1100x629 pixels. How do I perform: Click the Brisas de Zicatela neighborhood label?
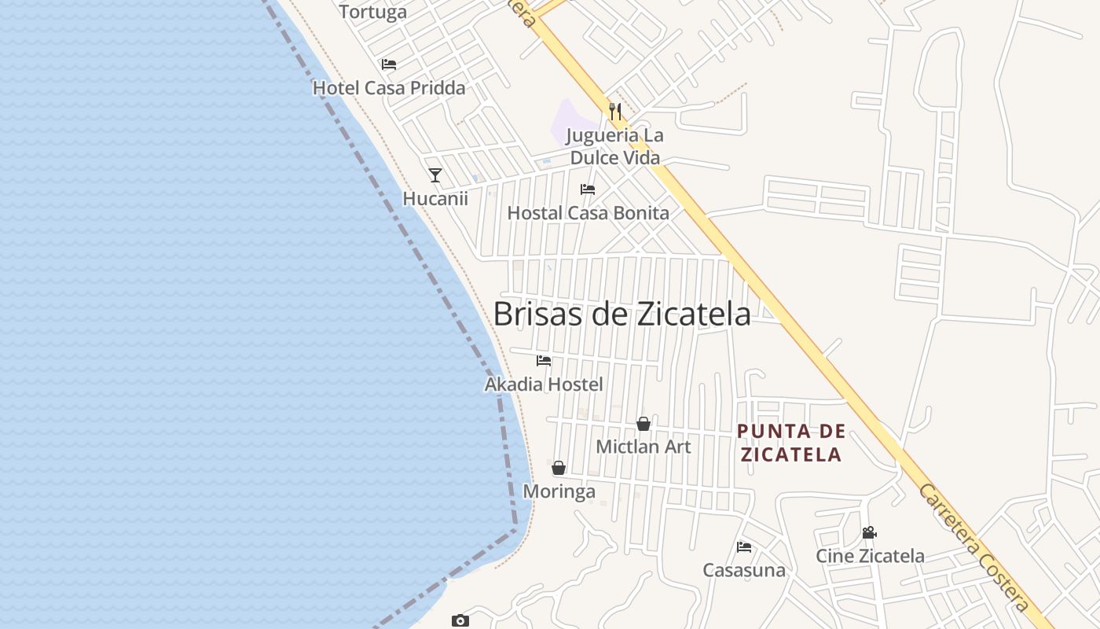point(621,314)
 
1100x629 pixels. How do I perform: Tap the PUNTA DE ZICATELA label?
point(792,443)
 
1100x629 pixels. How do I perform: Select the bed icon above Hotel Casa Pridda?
point(389,64)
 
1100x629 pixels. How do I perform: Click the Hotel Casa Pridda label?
point(389,88)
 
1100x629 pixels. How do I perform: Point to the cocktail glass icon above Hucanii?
point(435,175)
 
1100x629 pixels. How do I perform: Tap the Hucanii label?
point(435,199)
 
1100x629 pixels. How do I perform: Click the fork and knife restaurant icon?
point(615,112)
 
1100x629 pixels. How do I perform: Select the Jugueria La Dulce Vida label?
point(615,146)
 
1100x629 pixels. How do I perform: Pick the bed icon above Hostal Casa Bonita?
point(588,189)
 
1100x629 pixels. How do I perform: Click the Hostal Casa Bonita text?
point(588,213)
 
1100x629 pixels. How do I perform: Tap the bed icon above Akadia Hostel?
point(544,361)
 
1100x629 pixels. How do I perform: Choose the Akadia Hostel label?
point(544,384)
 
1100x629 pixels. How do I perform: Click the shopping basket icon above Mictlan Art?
point(643,424)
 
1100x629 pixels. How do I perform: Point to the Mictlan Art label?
point(643,447)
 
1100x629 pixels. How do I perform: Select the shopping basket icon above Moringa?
point(559,469)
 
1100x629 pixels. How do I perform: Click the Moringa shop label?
point(559,492)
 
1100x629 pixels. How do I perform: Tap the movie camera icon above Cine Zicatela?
point(869,532)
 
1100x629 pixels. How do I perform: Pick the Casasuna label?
point(743,571)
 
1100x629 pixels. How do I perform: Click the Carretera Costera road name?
point(974,547)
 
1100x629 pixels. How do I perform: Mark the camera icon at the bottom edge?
point(460,621)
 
